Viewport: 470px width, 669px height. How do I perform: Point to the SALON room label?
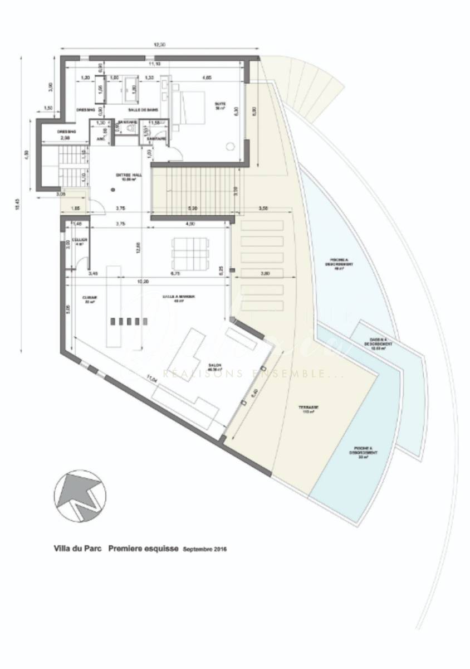pyautogui.click(x=215, y=367)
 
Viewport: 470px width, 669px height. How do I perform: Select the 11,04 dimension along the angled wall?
pyautogui.click(x=150, y=379)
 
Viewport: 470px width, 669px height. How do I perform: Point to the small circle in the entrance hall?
pyautogui.click(x=113, y=190)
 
